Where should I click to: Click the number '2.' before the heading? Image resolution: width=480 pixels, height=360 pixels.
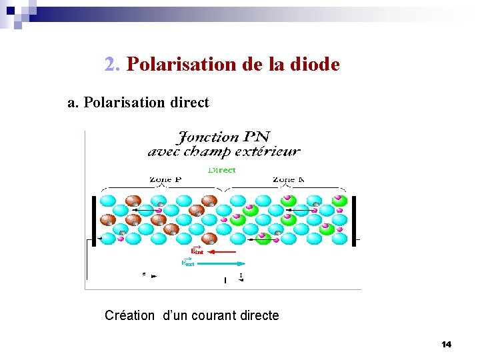(x=113, y=65)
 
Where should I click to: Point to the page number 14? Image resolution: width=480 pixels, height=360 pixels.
(x=446, y=344)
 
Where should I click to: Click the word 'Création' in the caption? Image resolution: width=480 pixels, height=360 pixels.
(x=130, y=315)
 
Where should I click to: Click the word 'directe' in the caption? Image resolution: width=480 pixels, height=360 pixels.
(x=256, y=315)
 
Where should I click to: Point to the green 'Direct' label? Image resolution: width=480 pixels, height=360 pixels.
(x=221, y=170)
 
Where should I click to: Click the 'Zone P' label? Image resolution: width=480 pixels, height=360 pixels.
(x=165, y=179)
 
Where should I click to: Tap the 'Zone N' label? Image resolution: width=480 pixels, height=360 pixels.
(x=289, y=179)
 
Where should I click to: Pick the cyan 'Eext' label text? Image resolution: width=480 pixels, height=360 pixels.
(x=188, y=263)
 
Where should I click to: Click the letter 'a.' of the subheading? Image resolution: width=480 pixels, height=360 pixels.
(x=73, y=103)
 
